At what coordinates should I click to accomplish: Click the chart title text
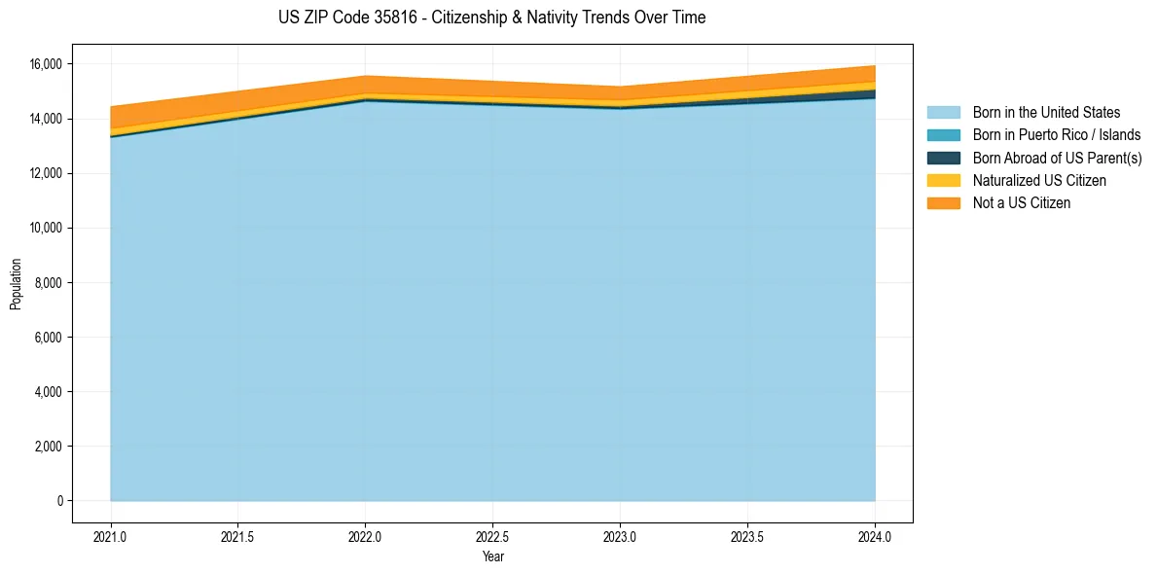(491, 18)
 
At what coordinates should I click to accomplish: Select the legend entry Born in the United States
(1046, 113)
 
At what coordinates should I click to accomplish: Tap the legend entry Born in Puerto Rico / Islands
(1057, 135)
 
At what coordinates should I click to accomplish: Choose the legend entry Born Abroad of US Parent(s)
(1057, 158)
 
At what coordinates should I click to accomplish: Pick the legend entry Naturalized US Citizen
(1039, 180)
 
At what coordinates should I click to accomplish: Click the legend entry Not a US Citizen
(1022, 202)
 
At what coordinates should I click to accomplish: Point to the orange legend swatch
(943, 202)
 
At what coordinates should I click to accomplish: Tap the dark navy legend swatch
(943, 158)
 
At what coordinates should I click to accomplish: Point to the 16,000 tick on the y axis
(47, 64)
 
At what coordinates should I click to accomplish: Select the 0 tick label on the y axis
(59, 501)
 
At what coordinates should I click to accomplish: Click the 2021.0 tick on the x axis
(111, 536)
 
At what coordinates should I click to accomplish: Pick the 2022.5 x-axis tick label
(492, 536)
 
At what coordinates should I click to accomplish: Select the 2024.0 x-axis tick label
(875, 536)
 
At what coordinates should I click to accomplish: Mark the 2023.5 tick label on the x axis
(747, 536)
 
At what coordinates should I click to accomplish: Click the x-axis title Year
(492, 556)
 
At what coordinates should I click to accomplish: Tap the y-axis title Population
(16, 283)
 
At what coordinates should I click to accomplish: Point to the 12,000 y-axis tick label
(47, 173)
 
